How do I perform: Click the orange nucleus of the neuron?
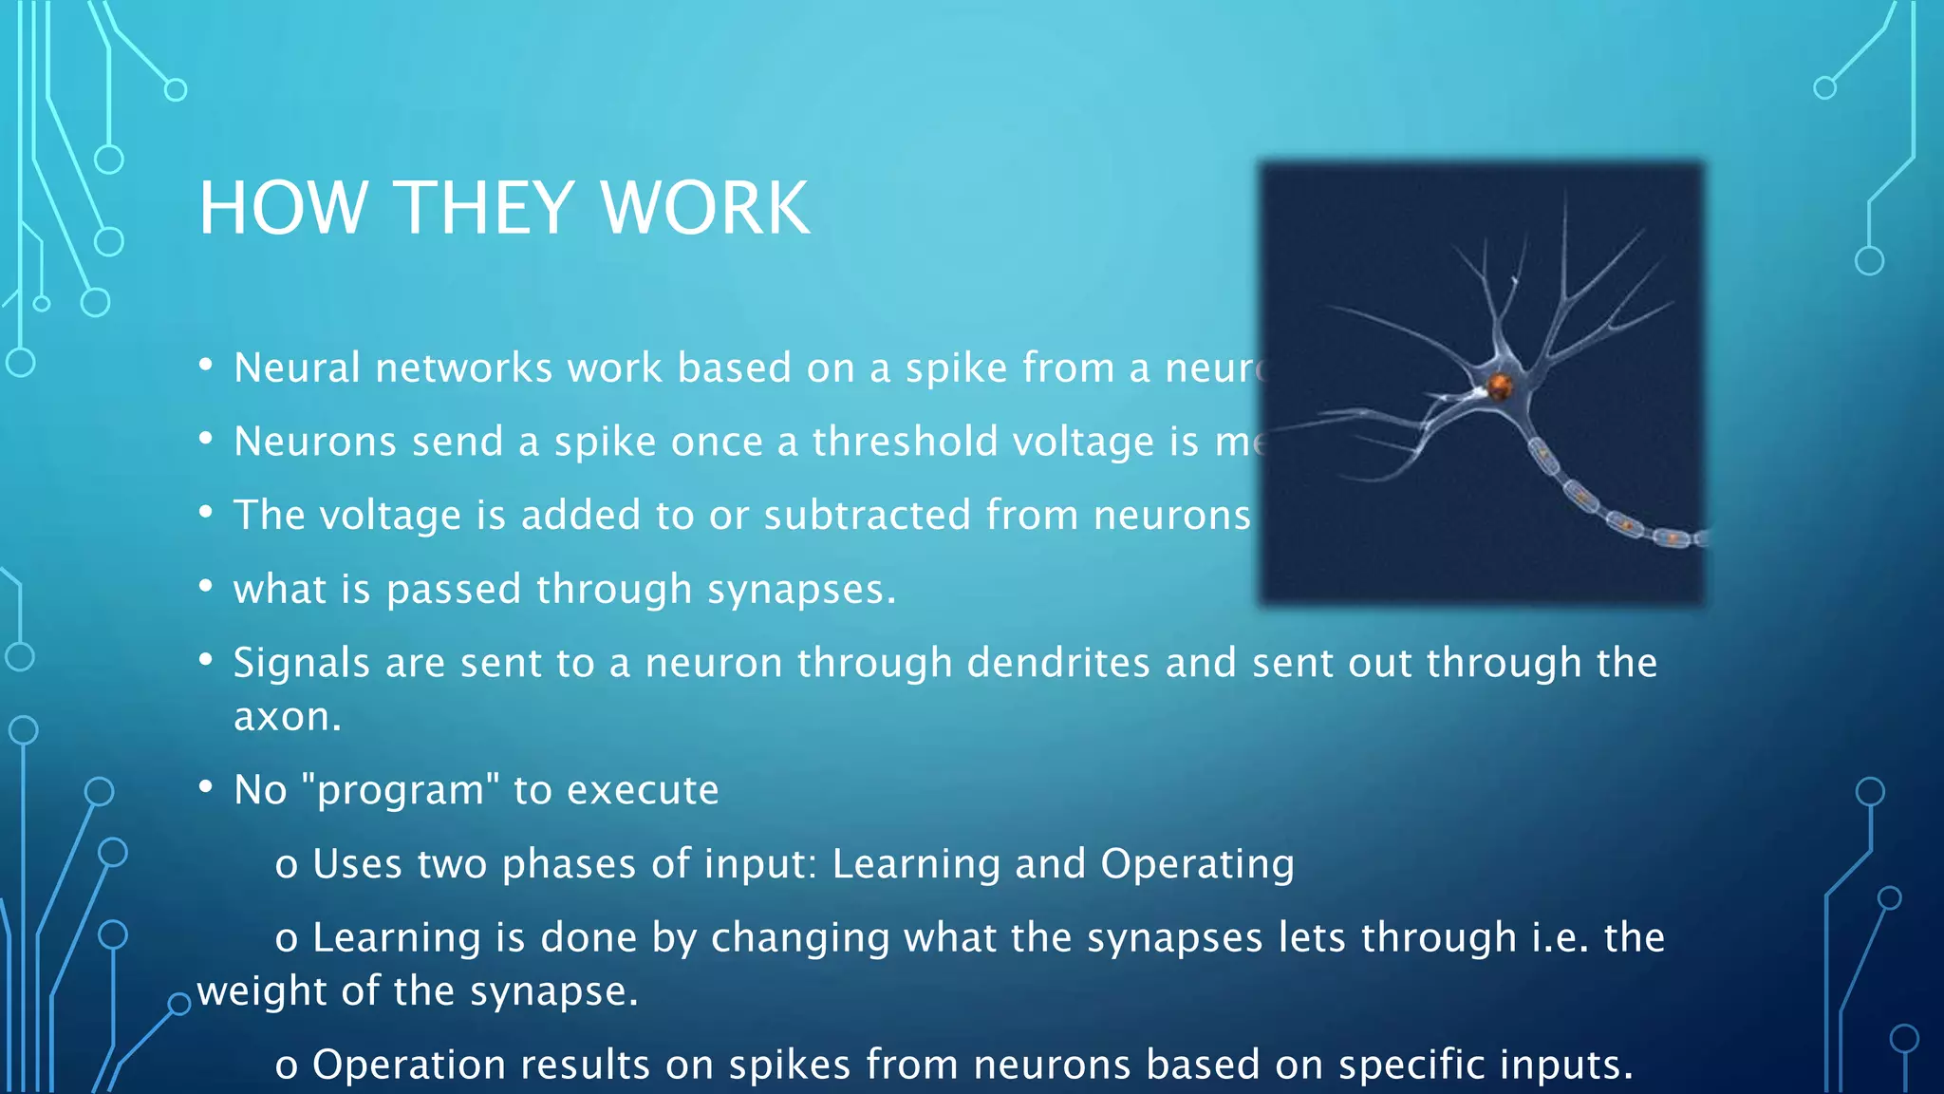pyautogui.click(x=1499, y=387)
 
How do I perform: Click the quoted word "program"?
pyautogui.click(x=400, y=790)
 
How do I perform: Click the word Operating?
pyautogui.click(x=1197, y=864)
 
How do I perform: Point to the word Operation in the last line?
pyautogui.click(x=407, y=1065)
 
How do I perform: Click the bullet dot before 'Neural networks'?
pyautogui.click(x=206, y=366)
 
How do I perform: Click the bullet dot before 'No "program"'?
pyautogui.click(x=206, y=787)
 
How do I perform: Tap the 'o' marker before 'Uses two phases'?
pyautogui.click(x=286, y=866)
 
